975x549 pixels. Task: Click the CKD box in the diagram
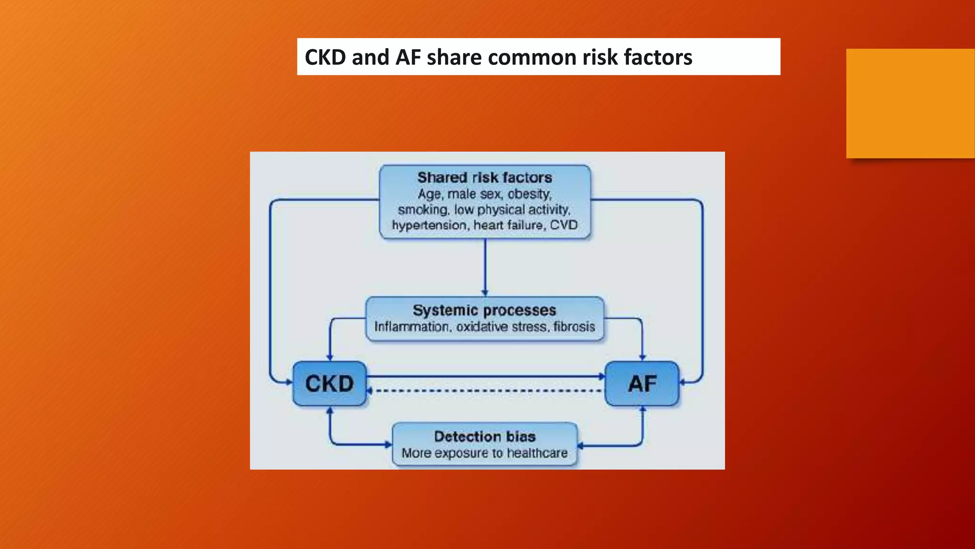(329, 384)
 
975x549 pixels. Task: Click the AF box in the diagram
(642, 384)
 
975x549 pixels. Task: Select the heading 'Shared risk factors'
(485, 178)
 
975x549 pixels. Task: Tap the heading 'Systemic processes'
(484, 310)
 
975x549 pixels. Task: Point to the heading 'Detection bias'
(485, 437)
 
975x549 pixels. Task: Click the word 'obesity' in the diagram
(529, 194)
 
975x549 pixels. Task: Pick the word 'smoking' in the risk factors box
(423, 210)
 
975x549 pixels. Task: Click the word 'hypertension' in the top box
(429, 225)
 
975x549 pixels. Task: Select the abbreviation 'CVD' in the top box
(564, 225)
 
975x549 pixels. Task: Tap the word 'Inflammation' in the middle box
(411, 327)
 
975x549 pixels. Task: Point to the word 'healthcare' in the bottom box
(537, 453)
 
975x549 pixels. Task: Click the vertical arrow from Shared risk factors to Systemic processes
(485, 267)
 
